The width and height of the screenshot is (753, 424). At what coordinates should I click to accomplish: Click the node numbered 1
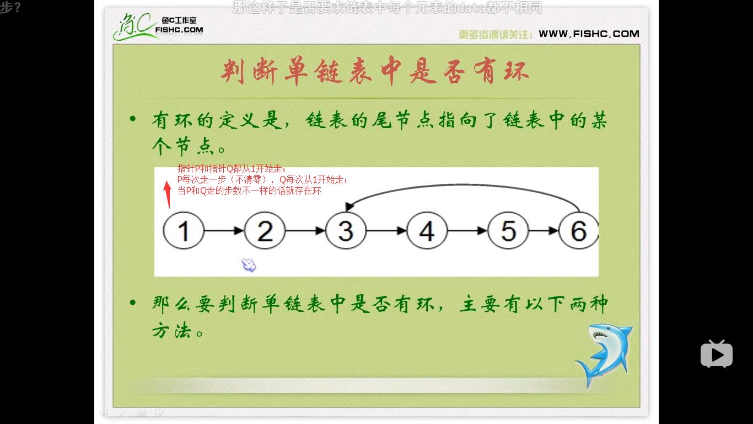coord(184,231)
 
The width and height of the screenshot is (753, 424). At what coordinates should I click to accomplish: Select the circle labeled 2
coord(265,231)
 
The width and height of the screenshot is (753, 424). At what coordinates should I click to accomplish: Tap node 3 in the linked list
coord(346,231)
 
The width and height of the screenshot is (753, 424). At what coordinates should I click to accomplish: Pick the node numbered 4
coord(427,231)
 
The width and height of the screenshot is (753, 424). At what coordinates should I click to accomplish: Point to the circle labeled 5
coord(508,231)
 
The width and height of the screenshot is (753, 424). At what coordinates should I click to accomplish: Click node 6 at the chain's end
coord(578,231)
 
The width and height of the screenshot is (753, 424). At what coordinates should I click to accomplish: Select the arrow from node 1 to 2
coord(224,231)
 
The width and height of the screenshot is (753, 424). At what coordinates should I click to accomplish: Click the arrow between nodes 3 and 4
coord(386,231)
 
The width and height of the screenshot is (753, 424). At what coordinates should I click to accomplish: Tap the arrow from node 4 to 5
coord(467,231)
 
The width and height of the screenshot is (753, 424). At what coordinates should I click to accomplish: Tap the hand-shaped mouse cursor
coord(249,265)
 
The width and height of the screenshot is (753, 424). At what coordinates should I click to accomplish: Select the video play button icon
coord(716,354)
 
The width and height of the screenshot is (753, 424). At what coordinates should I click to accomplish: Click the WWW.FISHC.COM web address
coord(589,34)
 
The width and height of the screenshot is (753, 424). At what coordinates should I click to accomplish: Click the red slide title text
coord(375,72)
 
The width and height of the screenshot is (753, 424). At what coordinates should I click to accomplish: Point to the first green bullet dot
coord(132,119)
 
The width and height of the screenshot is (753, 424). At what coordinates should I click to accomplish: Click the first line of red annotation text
coord(232,169)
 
